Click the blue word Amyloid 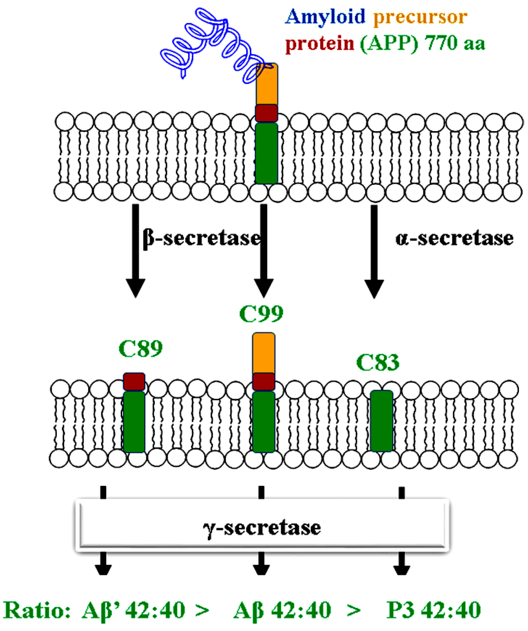pos(325,16)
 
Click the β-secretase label pos(201,239)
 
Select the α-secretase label pos(454,239)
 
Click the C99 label pos(261,314)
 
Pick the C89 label pos(141,349)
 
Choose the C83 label pos(378,363)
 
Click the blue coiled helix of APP pos(210,45)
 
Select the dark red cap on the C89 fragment pos(134,382)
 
